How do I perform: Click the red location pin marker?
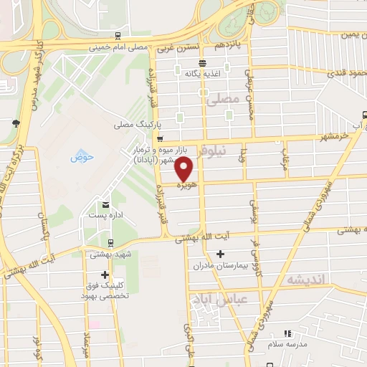(184, 170)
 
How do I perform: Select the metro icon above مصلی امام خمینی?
(118, 37)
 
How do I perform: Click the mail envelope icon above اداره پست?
(105, 204)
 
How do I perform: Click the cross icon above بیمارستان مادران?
(220, 254)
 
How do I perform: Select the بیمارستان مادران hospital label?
(219, 265)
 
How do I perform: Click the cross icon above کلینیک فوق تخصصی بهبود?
(105, 275)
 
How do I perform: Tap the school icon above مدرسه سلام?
(287, 333)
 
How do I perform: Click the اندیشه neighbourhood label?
(306, 278)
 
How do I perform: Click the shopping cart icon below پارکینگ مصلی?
(159, 139)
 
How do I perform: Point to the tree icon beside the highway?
(15, 123)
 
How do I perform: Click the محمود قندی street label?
(346, 73)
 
